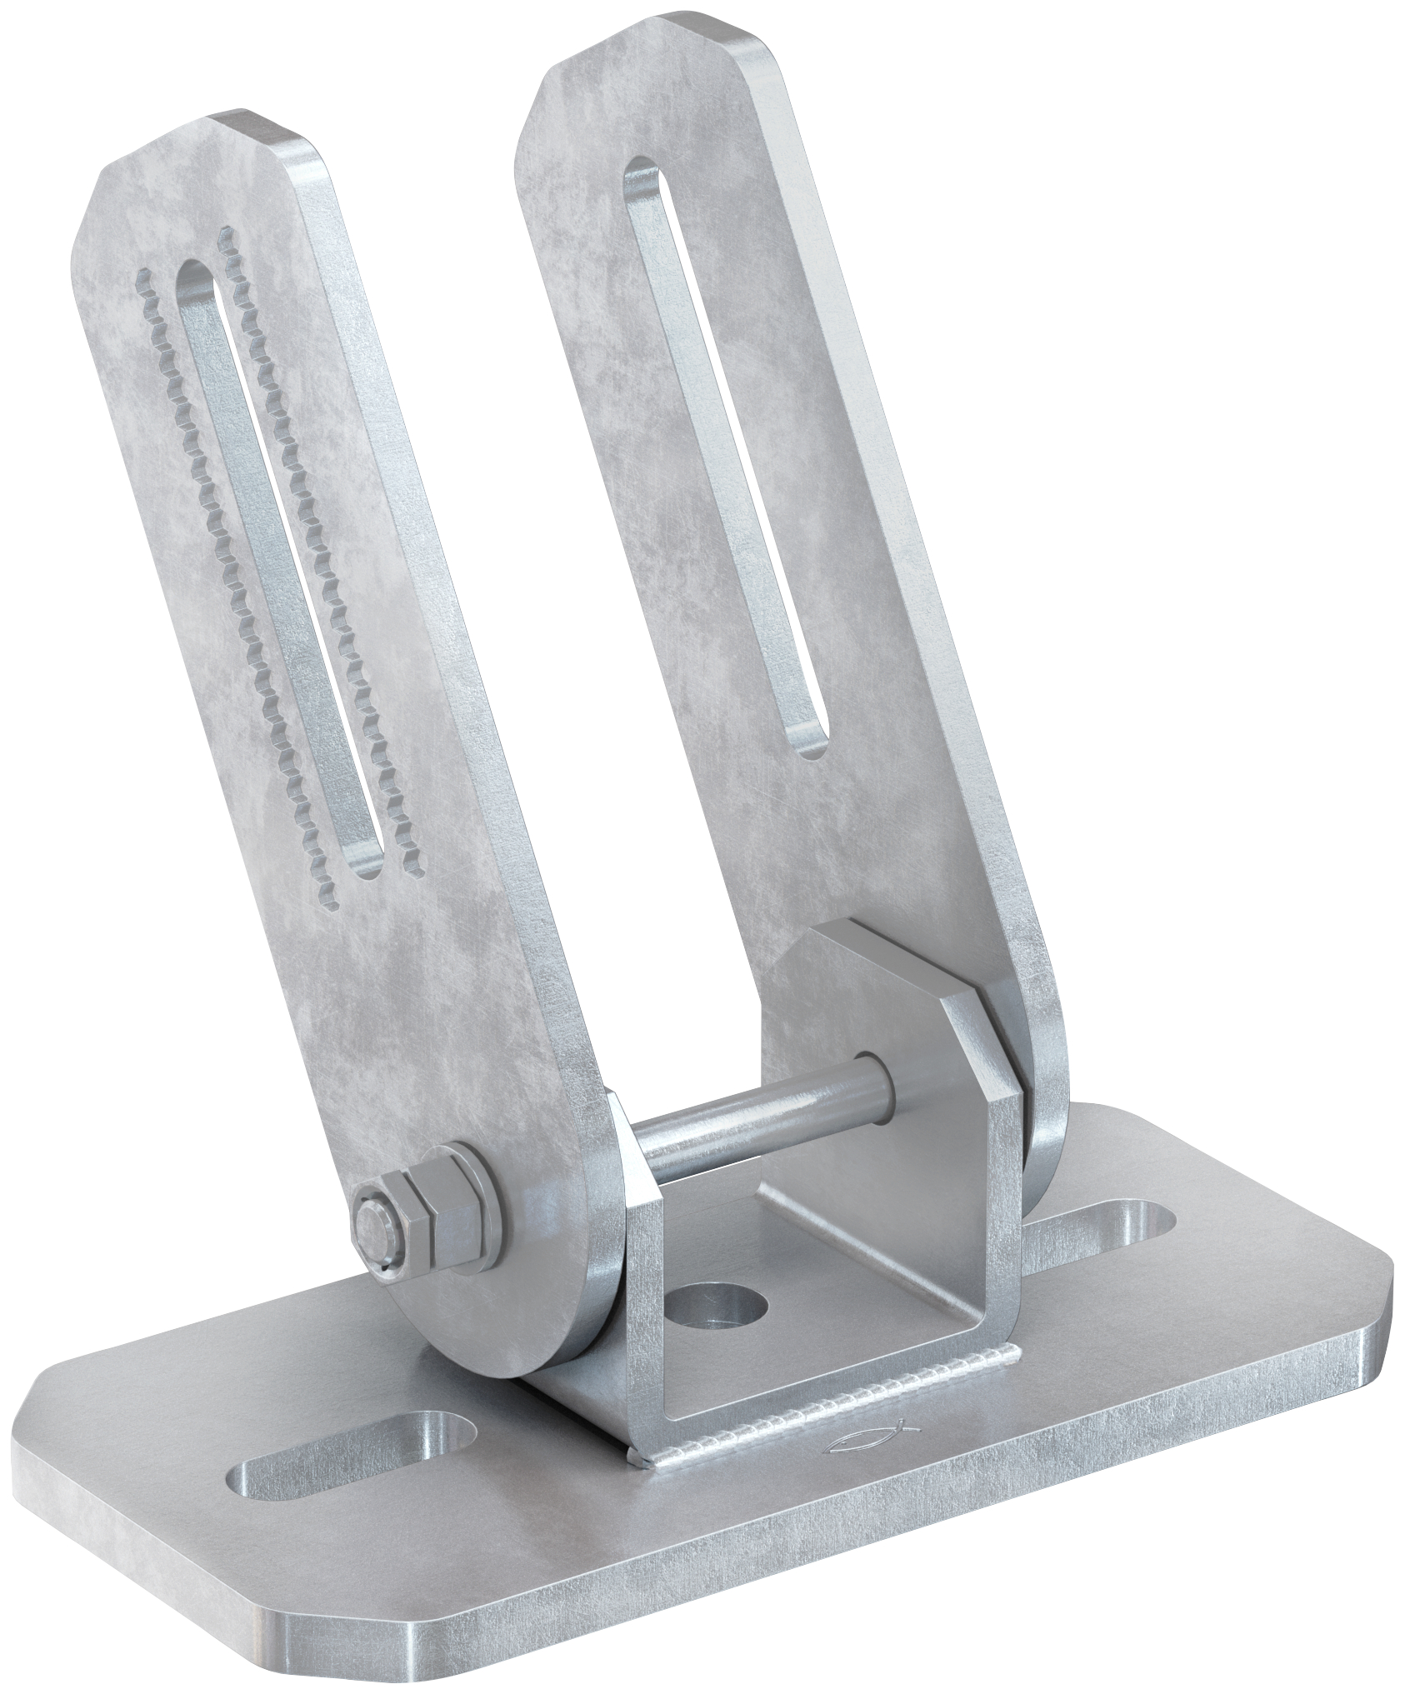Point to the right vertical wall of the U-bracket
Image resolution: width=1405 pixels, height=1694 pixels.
[x=987, y=1183]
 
